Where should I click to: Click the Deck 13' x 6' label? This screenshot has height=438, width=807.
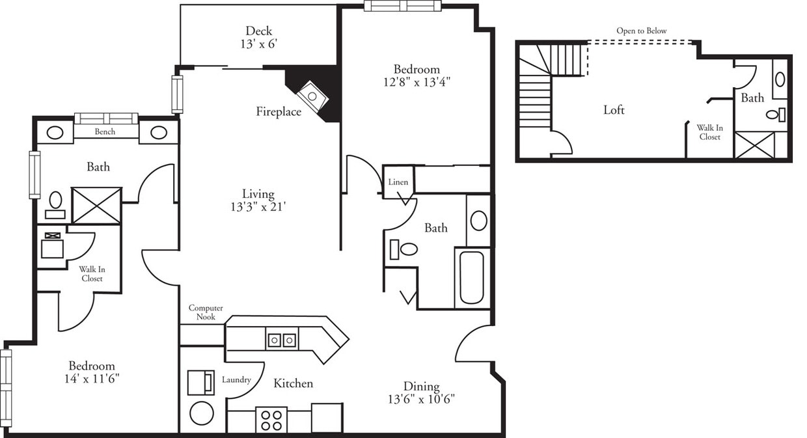[x=258, y=37]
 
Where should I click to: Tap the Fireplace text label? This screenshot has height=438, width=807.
[x=278, y=112]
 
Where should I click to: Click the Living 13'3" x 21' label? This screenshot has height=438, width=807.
[x=258, y=200]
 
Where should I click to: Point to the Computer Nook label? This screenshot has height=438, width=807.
[x=206, y=312]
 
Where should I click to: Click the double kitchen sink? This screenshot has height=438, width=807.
[x=282, y=339]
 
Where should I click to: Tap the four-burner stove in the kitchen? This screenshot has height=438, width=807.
[x=271, y=418]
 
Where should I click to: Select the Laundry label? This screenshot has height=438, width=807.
[x=236, y=380]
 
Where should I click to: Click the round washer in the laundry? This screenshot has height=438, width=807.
[x=202, y=413]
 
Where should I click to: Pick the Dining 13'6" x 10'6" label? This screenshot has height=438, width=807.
[x=421, y=392]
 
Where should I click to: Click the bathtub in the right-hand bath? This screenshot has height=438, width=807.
[x=472, y=277]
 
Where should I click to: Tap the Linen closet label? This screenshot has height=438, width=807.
[x=398, y=182]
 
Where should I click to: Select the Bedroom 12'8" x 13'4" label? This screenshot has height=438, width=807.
[x=416, y=75]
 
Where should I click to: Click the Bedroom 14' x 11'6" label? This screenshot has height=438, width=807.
[x=92, y=372]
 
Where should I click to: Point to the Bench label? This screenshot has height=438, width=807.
[x=105, y=132]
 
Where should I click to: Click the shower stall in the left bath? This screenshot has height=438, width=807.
[x=96, y=205]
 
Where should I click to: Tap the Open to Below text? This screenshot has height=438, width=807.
[x=641, y=31]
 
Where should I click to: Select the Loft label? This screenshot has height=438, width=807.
[x=613, y=110]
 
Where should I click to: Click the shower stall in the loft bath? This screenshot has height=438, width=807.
[x=754, y=144]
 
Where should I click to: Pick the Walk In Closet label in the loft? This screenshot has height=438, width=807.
[x=709, y=133]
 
